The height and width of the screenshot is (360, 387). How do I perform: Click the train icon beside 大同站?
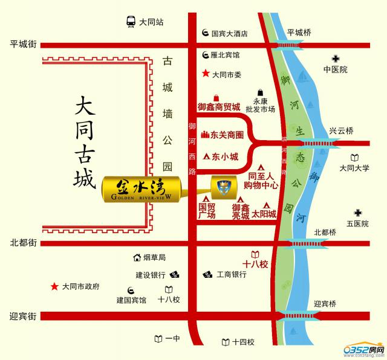(130, 22)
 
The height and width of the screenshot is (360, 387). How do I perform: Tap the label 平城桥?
(298, 33)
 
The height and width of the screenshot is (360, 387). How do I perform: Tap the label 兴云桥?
(340, 131)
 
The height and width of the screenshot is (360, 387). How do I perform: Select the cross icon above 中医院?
(334, 59)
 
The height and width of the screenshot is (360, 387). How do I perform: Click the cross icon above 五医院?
(358, 213)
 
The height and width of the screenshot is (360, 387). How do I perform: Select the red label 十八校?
(255, 263)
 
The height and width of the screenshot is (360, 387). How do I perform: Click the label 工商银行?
(232, 274)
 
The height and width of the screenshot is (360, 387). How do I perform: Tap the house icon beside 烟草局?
(137, 258)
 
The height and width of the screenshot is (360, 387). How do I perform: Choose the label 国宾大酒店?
(233, 34)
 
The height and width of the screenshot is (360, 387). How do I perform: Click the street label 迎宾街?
(24, 317)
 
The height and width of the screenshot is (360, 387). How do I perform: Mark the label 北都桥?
(325, 232)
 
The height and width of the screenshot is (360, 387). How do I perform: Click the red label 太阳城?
(264, 214)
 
